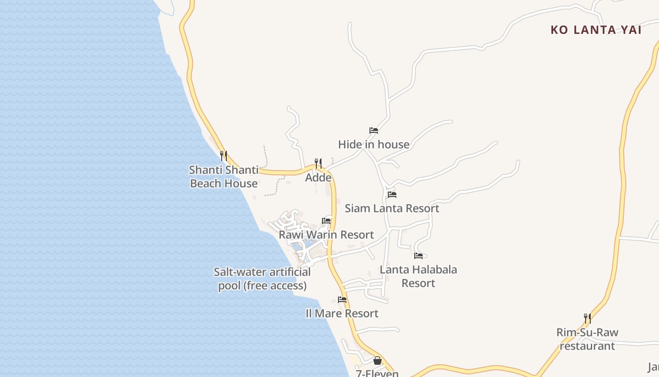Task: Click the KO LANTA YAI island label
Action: tap(596, 30)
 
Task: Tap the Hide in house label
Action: tap(374, 145)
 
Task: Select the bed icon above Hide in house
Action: tap(374, 131)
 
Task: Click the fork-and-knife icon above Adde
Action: tap(318, 164)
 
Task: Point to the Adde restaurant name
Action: tap(318, 178)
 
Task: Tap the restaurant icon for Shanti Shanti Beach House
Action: tap(224, 156)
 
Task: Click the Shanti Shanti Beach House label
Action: tap(224, 177)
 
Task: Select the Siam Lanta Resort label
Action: tap(392, 208)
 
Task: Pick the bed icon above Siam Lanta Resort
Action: tap(392, 194)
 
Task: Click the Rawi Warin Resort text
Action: tap(326, 235)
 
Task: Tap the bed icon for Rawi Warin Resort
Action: tap(326, 221)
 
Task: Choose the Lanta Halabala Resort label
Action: tap(418, 276)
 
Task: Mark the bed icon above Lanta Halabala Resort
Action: tap(418, 256)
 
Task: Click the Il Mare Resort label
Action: tap(342, 313)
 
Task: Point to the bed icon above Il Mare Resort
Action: tap(342, 300)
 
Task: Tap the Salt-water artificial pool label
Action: tap(262, 279)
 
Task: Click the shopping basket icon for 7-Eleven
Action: tap(378, 361)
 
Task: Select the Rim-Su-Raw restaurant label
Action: tap(587, 339)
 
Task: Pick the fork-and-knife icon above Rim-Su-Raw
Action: tap(587, 319)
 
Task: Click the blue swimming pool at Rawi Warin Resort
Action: tap(297, 246)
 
